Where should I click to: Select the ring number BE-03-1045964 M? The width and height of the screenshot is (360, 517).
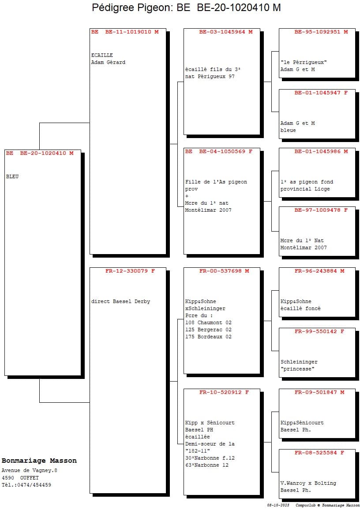226,32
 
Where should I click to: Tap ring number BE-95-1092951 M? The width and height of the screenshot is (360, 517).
321,32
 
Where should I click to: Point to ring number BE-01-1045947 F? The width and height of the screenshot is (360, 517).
321,93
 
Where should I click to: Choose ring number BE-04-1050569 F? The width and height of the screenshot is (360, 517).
226,152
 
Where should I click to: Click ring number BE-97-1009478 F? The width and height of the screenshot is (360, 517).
321,210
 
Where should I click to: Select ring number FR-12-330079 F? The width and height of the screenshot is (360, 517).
130,271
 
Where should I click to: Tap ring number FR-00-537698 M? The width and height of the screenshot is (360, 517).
224,271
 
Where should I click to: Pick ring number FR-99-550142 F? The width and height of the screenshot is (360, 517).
319,331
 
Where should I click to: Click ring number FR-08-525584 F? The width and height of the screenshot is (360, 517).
319,453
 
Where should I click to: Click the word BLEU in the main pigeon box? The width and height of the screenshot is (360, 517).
12,177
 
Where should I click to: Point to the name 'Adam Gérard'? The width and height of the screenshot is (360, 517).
109,62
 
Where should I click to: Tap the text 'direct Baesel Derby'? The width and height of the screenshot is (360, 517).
120,301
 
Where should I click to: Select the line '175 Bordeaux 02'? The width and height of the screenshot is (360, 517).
208,337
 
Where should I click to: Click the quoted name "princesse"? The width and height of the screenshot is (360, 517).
297,369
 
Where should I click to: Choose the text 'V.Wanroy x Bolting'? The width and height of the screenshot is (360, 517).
308,483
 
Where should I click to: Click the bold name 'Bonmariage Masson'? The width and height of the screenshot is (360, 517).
39,461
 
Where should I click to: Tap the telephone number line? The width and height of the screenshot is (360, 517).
26,485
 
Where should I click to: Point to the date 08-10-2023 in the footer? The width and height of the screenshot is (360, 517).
278,505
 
